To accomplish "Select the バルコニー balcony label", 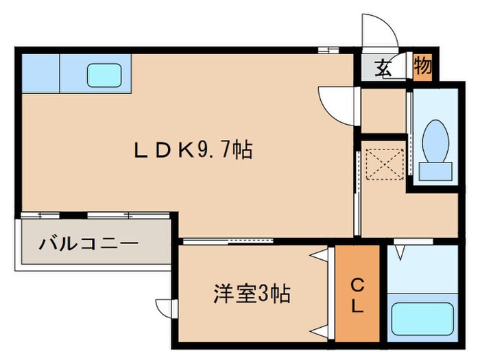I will pos(88,243).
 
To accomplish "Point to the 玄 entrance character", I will pos(383,68).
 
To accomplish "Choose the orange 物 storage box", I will pos(423,67).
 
